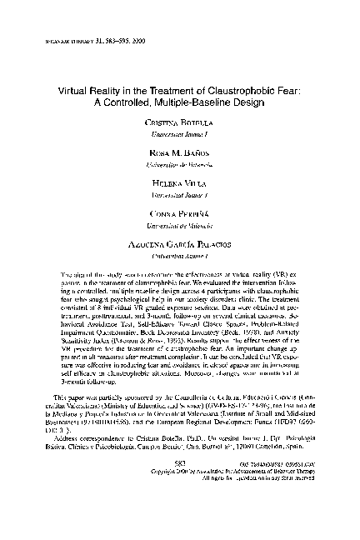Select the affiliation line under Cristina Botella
pyautogui.click(x=179, y=132)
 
